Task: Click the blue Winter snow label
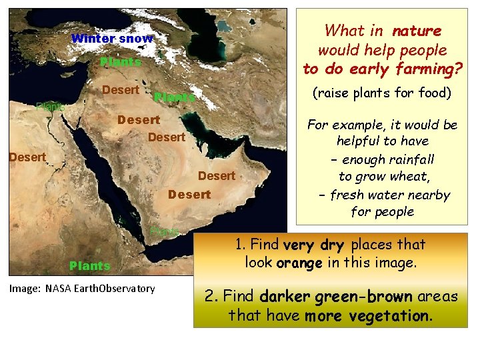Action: pyautogui.click(x=111, y=39)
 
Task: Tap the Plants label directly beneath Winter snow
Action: pyautogui.click(x=121, y=62)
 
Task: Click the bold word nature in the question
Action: pyautogui.click(x=417, y=31)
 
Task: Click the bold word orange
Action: pyautogui.click(x=299, y=263)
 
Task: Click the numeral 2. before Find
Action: pyautogui.click(x=213, y=296)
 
